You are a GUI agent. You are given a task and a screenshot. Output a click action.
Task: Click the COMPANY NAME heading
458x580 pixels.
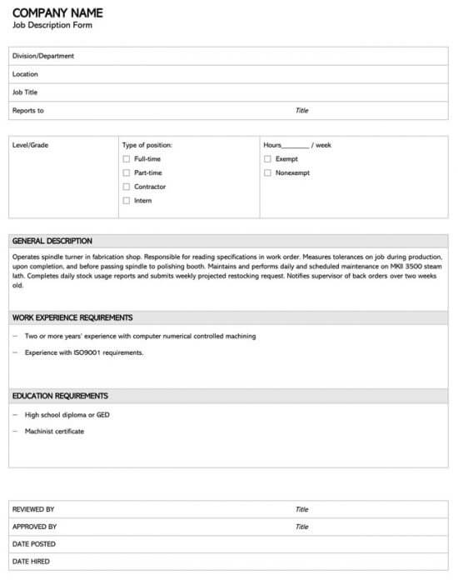[57, 12]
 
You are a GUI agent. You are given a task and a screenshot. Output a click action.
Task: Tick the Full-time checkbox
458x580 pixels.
[127, 158]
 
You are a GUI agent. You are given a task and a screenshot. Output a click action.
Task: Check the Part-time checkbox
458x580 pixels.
[127, 172]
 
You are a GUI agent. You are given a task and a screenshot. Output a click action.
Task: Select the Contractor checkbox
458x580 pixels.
[127, 187]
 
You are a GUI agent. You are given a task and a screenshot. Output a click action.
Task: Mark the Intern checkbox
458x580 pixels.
[127, 201]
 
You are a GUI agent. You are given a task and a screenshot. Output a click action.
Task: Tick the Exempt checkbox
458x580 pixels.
[267, 158]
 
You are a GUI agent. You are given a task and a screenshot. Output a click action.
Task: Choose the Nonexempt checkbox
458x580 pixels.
[267, 172]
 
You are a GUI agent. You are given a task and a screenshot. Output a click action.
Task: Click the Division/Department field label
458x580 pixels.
[42, 56]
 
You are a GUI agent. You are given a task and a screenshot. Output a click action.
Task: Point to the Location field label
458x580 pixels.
[25, 74]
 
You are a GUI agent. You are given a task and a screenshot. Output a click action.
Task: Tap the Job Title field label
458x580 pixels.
[25, 92]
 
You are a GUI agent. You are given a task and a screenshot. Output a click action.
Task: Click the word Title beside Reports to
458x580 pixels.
[301, 111]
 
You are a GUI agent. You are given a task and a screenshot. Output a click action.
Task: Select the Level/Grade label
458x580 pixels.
[30, 145]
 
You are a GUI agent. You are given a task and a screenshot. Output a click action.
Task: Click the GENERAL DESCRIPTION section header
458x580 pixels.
[52, 241]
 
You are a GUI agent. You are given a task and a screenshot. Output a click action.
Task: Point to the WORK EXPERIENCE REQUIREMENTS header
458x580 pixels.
[72, 317]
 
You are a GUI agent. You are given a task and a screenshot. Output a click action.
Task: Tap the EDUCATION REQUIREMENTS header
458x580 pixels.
[60, 396]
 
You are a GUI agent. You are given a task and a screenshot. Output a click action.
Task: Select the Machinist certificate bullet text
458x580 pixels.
[54, 431]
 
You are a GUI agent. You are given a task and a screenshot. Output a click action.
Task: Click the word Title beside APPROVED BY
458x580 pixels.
[301, 527]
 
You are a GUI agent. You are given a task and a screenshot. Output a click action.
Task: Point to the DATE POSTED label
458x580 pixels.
[34, 544]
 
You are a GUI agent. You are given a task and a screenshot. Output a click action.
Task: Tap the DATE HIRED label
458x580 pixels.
[31, 562]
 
